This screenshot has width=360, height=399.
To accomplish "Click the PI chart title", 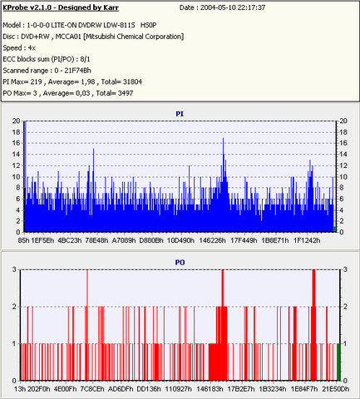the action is coord(180,114).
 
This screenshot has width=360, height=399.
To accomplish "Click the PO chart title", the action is coord(180,262).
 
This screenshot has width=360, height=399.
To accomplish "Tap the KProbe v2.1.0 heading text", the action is coord(61,7).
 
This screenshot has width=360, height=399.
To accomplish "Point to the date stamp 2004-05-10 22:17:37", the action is coord(233,7).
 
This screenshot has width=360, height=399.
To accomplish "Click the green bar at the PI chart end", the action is coord(334,229).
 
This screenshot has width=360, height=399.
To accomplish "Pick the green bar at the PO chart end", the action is coord(338,362).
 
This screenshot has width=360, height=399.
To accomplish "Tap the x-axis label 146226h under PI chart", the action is coord(212,240).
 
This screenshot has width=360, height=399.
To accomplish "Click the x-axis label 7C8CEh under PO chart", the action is coord(92,389).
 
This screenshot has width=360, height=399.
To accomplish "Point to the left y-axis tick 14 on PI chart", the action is coord(17,155).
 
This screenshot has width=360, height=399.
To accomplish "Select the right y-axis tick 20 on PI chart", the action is coord(343,121).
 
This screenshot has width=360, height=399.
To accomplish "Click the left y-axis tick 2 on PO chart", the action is coord(14,307).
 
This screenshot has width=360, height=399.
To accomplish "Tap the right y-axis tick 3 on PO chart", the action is coord(345,269).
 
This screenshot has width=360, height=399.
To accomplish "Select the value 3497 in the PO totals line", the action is coord(126,93).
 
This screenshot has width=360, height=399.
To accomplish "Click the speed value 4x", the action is coord(32,48).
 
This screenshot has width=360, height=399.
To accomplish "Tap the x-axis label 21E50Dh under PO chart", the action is coord(336,389).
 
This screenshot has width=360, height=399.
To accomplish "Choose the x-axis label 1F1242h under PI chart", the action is coord(307,240).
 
